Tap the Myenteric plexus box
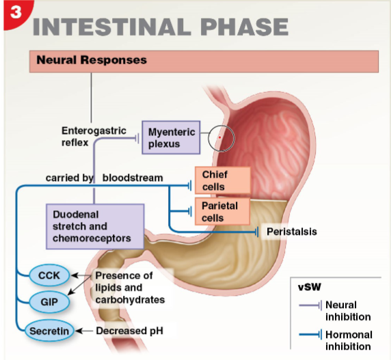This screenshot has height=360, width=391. [171, 137]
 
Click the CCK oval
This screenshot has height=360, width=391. [49, 275]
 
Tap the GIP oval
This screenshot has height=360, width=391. [49, 301]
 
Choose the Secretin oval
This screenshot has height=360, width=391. [49, 331]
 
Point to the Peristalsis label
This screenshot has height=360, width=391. [291, 232]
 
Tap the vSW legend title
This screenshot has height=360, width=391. [311, 286]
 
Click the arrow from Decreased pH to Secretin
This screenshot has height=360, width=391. [84, 331]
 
